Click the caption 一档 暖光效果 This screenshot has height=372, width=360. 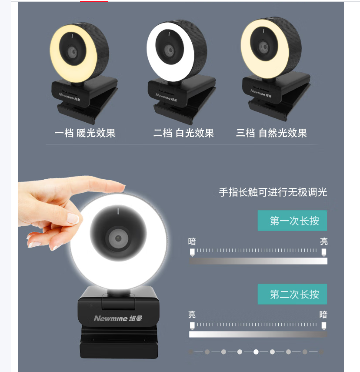[x=85, y=133]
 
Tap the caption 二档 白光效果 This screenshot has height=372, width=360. [x=183, y=133]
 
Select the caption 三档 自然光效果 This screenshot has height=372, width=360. [x=271, y=133]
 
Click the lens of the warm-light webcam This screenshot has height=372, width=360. [x=73, y=51]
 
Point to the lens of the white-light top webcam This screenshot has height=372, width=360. [x=170, y=51]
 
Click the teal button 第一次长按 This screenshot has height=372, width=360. [x=292, y=221]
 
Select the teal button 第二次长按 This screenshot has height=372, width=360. [x=292, y=294]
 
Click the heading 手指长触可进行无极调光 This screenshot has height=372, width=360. [x=273, y=192]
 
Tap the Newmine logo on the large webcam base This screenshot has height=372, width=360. [x=118, y=318]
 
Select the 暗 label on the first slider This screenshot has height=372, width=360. [x=192, y=241]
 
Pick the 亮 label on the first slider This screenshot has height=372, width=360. [x=323, y=241]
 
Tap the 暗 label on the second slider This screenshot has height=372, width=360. [x=323, y=315]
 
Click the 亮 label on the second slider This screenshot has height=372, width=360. [x=192, y=315]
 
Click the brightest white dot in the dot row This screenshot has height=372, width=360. [x=256, y=352]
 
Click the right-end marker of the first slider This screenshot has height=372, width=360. [x=323, y=252]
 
